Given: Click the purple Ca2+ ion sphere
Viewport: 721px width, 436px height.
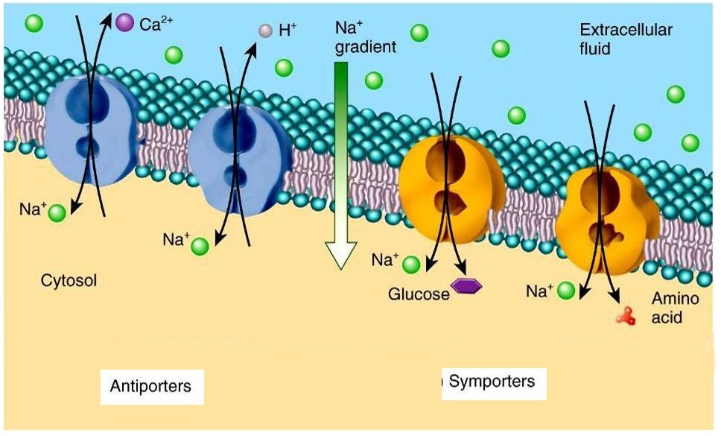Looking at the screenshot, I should tap(125, 24).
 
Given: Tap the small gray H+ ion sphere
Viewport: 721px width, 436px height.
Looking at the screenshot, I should tap(265, 31).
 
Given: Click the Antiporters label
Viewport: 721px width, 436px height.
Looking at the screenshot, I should tap(150, 386).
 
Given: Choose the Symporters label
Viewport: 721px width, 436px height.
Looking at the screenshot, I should tap(492, 382).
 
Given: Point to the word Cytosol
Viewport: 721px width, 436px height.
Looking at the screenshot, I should tap(69, 281).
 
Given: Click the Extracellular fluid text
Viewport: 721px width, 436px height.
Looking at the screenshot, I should tap(626, 40).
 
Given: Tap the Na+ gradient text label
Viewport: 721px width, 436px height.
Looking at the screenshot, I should tap(364, 37).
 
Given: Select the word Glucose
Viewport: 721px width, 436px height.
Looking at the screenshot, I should tap(419, 294).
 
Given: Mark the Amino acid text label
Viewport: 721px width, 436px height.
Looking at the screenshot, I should tap(667, 307).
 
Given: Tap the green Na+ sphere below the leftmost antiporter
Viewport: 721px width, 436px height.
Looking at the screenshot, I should tap(57, 214).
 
